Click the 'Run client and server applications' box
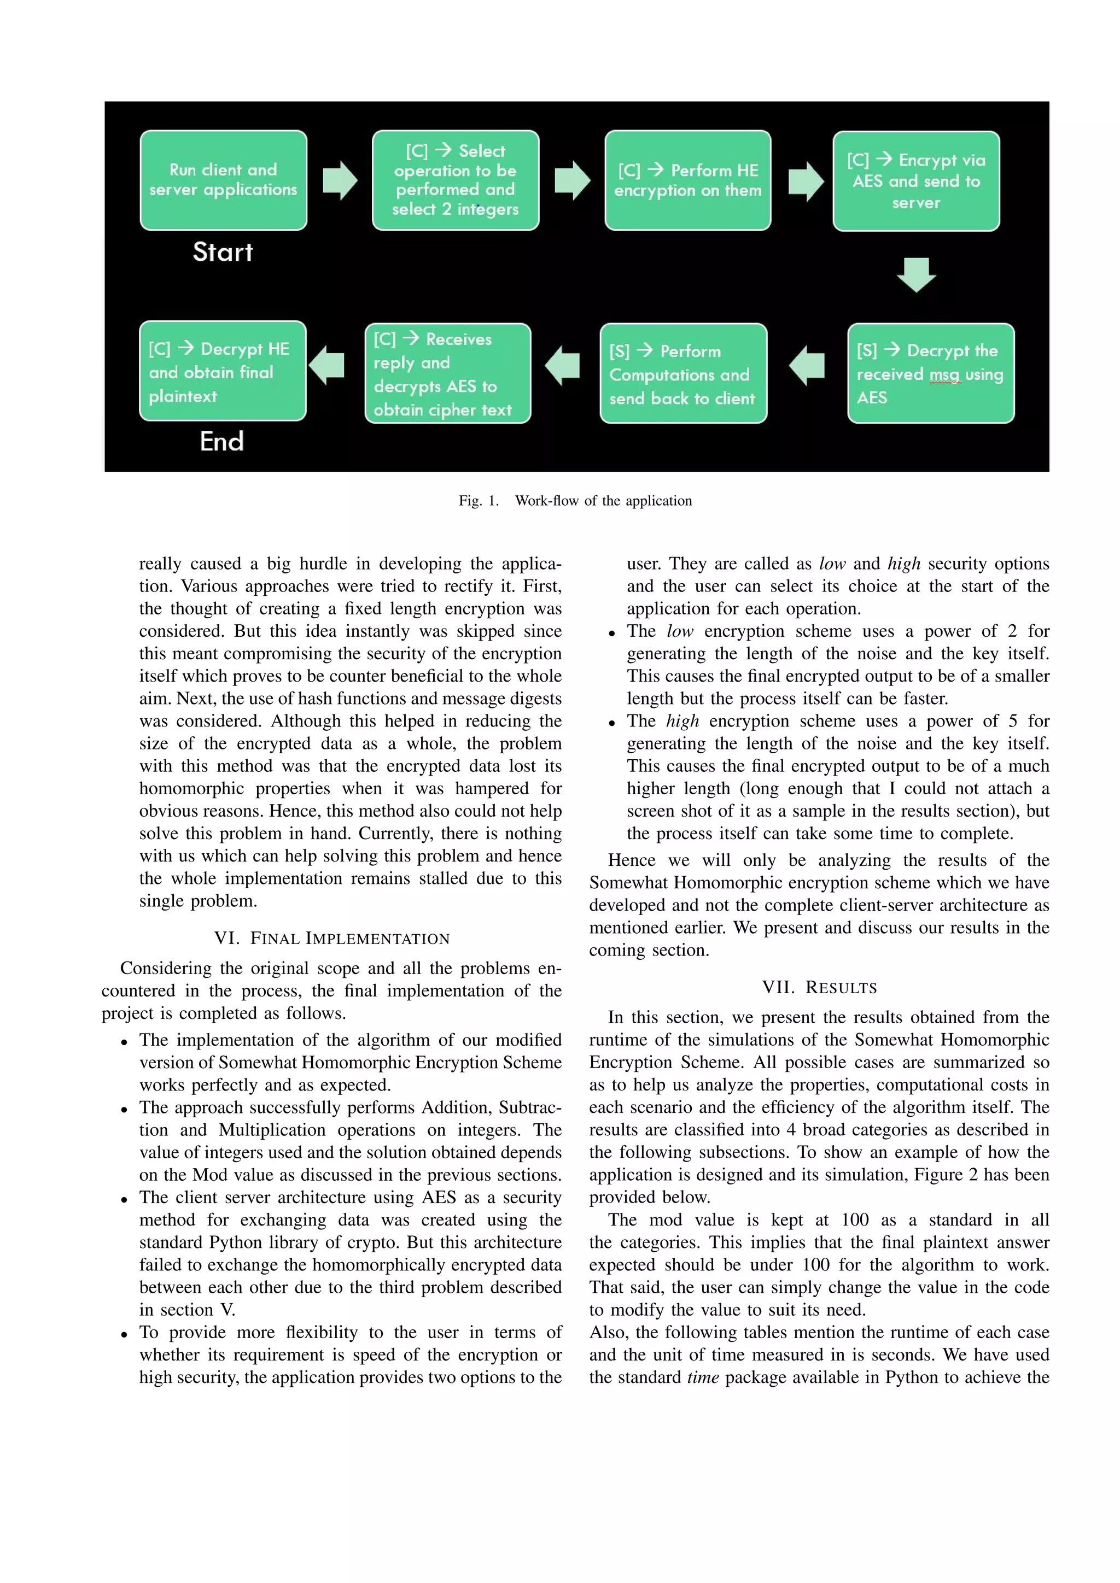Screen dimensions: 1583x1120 [223, 180]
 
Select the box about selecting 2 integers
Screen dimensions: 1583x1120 [455, 180]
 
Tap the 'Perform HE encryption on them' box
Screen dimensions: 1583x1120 [687, 180]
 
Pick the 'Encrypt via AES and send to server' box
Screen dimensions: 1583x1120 [916, 180]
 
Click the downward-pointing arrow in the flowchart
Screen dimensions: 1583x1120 [916, 274]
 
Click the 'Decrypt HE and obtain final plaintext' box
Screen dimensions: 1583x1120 [222, 371]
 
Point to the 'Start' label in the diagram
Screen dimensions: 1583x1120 [222, 253]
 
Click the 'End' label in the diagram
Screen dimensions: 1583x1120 [221, 441]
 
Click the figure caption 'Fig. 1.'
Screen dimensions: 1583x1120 [478, 501]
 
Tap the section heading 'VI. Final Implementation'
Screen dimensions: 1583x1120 [332, 939]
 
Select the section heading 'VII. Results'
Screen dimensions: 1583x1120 [819, 987]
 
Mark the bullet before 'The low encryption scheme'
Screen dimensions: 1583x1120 [611, 633]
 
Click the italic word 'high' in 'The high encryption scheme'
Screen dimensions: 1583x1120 [682, 721]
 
